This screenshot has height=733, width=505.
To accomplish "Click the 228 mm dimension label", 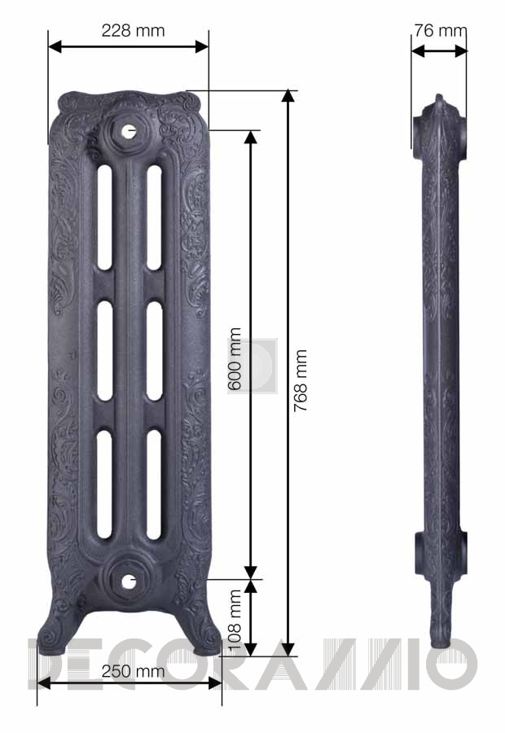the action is pos(134,31).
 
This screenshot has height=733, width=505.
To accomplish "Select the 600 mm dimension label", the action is pos(235,358).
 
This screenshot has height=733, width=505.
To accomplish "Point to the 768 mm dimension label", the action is pos(301,380).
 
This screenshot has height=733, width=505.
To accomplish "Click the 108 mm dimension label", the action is pos(235,620).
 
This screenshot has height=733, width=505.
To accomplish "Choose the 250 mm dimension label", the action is pos(134,671).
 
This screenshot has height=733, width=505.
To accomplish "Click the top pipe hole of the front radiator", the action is pos(129,131).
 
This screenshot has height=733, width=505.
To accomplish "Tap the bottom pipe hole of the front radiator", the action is pos(129,582).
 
